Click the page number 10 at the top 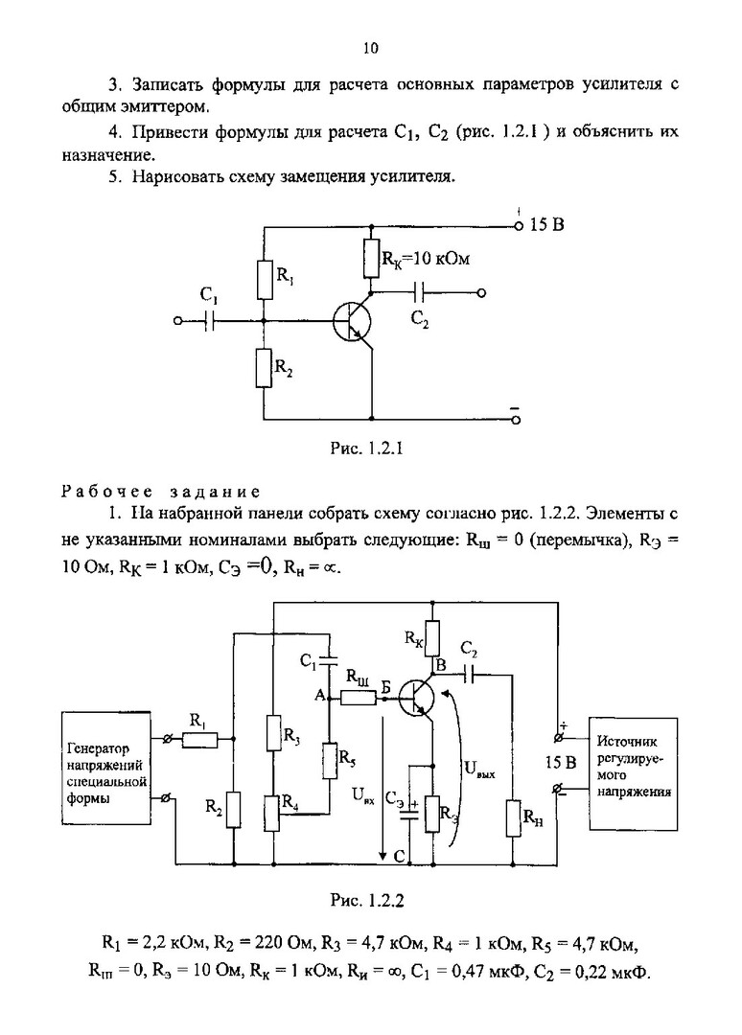pos(371,49)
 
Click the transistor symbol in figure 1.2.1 pos(351,322)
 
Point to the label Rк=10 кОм pos(427,258)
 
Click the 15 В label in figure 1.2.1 pos(546,226)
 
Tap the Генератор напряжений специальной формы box pos(105,767)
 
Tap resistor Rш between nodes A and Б pos(358,698)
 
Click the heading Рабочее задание pos(160,493)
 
